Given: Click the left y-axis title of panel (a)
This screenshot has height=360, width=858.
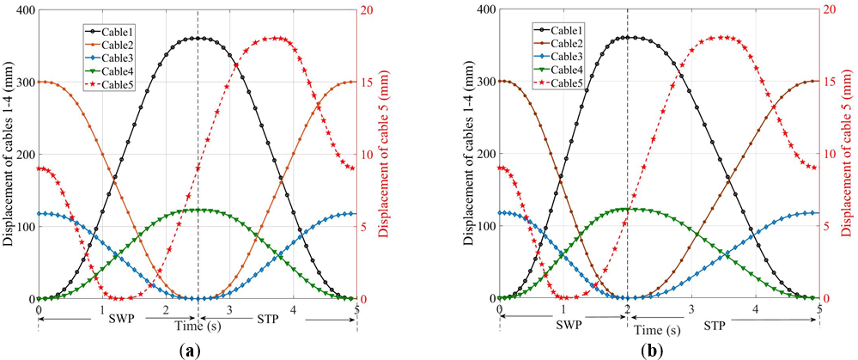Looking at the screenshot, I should click(x=8, y=155).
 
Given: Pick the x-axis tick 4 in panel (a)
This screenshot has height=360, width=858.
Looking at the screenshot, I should click(x=294, y=309).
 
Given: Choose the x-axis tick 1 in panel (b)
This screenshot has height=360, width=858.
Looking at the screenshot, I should click(x=563, y=309).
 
